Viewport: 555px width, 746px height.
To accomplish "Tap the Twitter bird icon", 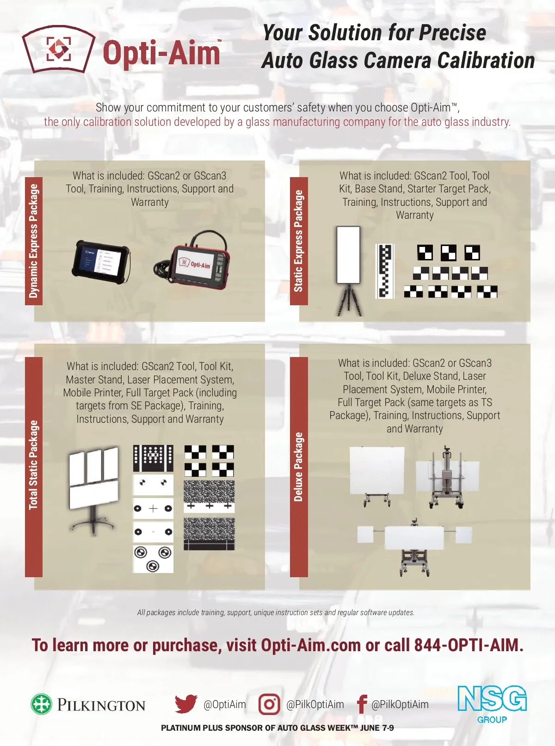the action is click(x=186, y=704).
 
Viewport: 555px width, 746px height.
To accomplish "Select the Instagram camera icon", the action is click(x=269, y=704).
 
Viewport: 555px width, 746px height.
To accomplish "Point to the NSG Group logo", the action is click(x=492, y=704).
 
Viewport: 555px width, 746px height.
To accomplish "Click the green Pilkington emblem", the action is click(x=41, y=704).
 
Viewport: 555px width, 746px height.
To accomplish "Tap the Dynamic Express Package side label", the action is click(x=34, y=241).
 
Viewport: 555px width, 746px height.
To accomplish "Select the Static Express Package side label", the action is click(x=299, y=241).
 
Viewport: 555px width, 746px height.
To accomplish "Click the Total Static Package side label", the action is click(x=34, y=467).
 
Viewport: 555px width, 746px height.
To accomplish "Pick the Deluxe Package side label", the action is click(x=299, y=467).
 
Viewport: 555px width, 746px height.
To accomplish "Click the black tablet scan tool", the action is click(x=100, y=262).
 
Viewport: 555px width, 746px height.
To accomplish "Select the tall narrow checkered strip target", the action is click(x=385, y=271).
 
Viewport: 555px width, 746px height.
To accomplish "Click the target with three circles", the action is click(x=153, y=559).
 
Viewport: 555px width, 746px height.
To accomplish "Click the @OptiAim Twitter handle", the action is click(x=224, y=704).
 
